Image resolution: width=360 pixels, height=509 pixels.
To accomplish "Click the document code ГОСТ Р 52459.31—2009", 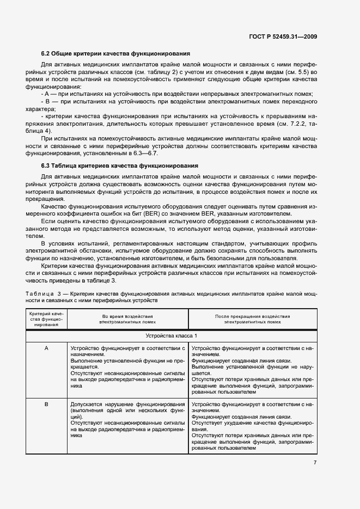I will (x=284, y=36).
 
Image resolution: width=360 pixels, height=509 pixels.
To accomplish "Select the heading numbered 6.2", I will (x=115, y=54).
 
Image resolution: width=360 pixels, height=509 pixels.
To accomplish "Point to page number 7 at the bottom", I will (x=315, y=462).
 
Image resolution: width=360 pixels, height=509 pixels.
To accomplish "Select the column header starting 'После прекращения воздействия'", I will (x=252, y=319).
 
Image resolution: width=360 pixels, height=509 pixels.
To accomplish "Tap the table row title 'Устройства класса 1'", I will (x=172, y=335).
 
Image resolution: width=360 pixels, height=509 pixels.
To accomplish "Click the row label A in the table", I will (x=46, y=347).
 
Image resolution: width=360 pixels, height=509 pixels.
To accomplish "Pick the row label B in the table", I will (x=46, y=404).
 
